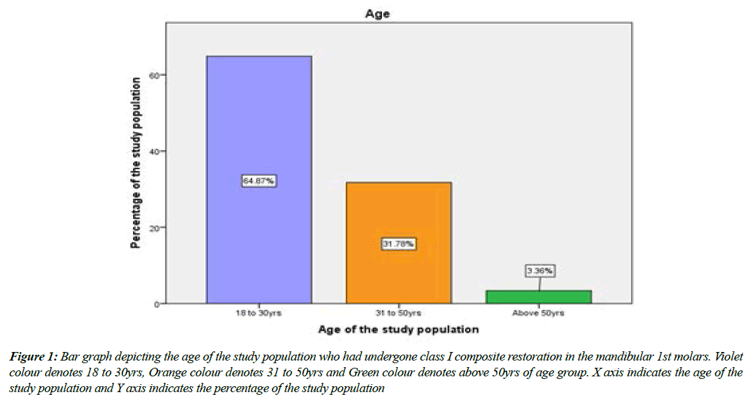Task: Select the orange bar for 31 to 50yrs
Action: click(x=398, y=217)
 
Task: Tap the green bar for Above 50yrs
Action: click(x=539, y=297)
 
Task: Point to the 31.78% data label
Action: click(x=398, y=244)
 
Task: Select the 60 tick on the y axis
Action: click(x=153, y=76)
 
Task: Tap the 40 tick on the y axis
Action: click(x=153, y=151)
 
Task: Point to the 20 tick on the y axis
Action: click(x=153, y=228)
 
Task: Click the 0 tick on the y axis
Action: click(x=155, y=304)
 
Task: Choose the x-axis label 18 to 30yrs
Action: click(x=259, y=314)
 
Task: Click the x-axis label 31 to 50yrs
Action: click(x=398, y=314)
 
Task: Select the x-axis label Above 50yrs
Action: click(x=539, y=314)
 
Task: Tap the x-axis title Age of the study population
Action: click(x=398, y=329)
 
